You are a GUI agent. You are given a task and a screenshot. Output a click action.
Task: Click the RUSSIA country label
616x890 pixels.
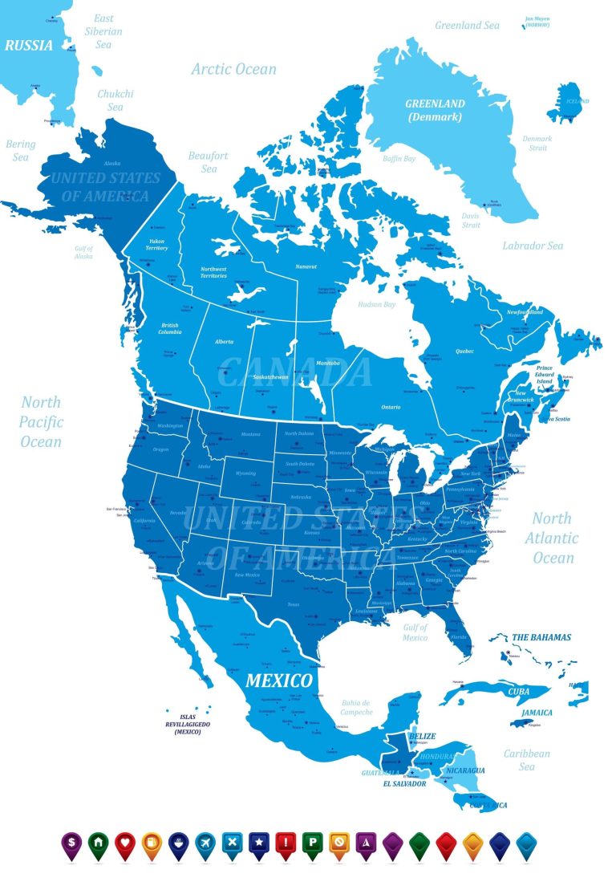point(29,46)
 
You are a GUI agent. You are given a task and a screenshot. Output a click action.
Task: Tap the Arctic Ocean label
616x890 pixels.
point(233,69)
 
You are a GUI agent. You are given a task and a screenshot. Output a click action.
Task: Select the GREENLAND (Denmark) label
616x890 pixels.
point(435,110)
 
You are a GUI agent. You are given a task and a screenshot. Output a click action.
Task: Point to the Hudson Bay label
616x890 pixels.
point(376,305)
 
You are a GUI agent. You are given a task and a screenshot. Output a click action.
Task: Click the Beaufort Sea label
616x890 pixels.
point(209,162)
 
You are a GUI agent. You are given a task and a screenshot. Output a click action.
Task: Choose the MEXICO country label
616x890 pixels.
point(278,681)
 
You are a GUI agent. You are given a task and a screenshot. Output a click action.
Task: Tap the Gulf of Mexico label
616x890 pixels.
point(415,632)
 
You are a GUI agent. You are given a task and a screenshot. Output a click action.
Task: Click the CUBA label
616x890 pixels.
point(519,690)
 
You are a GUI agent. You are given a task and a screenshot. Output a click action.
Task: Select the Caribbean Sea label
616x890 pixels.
point(526,760)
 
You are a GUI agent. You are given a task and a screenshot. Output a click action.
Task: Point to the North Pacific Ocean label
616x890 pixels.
point(42,422)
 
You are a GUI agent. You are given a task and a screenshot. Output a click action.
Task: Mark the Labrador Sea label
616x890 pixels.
point(533,246)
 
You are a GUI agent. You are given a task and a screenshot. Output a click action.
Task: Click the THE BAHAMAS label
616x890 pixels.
point(541,637)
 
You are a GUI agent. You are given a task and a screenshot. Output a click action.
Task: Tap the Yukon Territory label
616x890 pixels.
point(157,244)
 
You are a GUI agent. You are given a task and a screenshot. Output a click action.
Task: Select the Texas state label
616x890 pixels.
point(293,605)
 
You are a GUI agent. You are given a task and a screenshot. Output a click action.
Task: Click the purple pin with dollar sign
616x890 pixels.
point(71,844)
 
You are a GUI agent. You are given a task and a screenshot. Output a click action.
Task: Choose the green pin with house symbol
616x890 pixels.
point(99,844)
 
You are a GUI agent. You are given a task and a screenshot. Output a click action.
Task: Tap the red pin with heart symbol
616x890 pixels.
point(125,844)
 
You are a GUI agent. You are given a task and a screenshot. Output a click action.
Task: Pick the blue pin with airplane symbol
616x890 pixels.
point(205,844)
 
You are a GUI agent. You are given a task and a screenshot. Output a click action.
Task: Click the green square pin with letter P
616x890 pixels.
point(312,844)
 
